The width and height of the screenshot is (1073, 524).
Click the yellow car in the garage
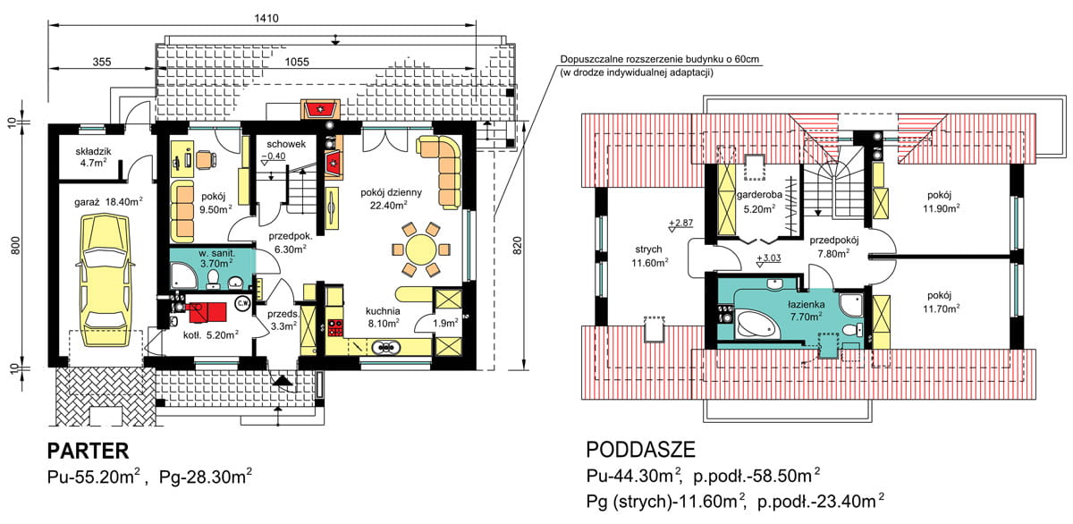pos(106,279)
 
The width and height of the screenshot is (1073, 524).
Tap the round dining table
pos(420,249)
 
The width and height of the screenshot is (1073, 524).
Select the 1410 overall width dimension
pos(266,18)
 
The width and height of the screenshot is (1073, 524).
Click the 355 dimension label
pos(102,62)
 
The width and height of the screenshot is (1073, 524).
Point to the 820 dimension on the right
pos(517,246)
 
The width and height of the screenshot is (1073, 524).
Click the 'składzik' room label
pos(93,151)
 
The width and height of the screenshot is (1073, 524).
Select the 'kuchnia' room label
pos(383,311)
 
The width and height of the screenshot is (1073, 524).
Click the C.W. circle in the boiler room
pos(243,303)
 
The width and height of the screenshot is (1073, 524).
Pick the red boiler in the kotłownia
pos(207,312)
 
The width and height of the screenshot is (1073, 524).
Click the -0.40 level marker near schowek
pos(273,156)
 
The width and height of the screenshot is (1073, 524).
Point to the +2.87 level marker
pos(680,223)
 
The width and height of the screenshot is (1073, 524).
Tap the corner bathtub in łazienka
pos(756,325)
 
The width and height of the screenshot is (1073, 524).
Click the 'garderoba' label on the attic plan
pos(759,194)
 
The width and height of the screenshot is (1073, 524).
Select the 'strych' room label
pos(648,249)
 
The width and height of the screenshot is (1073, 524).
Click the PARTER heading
pos(89,451)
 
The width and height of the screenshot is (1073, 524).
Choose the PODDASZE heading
pos(640,449)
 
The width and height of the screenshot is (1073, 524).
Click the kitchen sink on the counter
pos(385,347)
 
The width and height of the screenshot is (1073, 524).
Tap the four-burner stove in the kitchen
pos(335,327)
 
